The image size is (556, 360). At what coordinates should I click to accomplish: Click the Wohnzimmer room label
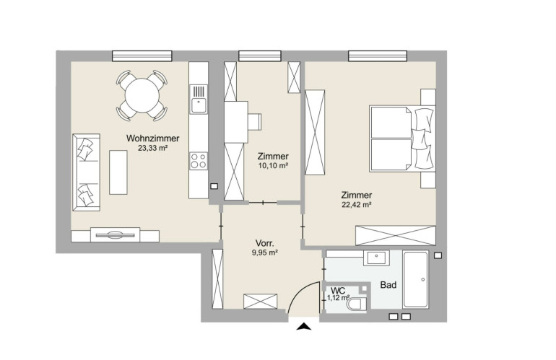tap(153, 139)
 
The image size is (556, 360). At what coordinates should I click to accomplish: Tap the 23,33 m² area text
tap(153, 148)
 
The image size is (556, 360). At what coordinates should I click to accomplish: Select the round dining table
tap(142, 95)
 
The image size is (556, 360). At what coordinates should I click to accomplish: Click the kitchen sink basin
tap(199, 105)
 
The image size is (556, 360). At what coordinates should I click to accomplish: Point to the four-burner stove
tap(199, 161)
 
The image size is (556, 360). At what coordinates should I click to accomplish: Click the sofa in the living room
tap(86, 172)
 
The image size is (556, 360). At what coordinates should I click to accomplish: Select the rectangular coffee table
tap(118, 172)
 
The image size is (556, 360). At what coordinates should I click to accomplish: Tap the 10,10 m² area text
tap(273, 165)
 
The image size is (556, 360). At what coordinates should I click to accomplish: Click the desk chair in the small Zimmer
tap(255, 122)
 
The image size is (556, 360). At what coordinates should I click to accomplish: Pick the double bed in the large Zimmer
tap(402, 139)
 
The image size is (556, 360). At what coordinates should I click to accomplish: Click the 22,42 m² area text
tap(357, 204)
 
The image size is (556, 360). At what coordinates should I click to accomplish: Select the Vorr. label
tap(264, 243)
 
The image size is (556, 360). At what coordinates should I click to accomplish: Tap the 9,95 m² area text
tap(264, 253)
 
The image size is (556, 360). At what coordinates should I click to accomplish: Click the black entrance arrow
tap(304, 326)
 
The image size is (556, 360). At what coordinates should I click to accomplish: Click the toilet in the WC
tap(357, 304)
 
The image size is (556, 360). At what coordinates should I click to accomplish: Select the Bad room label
tap(388, 285)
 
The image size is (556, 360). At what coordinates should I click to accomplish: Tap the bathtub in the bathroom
tap(416, 280)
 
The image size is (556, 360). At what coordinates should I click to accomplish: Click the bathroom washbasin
tap(376, 258)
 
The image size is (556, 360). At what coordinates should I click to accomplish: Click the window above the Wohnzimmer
tap(142, 56)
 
